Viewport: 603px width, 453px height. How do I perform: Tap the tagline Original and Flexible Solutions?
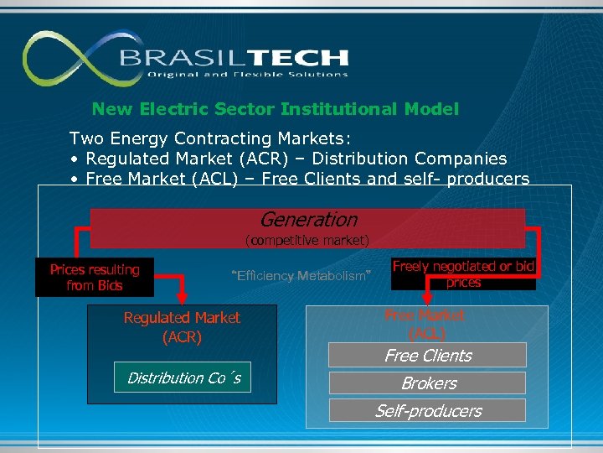pos(247,75)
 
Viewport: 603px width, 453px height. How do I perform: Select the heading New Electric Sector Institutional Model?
pos(276,109)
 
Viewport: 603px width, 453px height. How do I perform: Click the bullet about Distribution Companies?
pos(289,159)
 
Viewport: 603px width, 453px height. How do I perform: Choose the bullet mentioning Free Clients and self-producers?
pos(300,179)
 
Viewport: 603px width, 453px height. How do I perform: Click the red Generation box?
pos(308,221)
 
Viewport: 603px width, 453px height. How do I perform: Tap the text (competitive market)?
pos(307,241)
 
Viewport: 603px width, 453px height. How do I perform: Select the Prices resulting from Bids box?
pos(95,278)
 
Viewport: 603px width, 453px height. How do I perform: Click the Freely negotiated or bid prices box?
pos(463,274)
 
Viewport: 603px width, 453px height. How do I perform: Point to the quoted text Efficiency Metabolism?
pos(300,276)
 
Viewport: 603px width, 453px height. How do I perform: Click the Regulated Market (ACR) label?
pos(182,327)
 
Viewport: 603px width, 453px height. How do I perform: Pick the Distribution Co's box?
pos(184,378)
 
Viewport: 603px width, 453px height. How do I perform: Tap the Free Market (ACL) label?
pos(425,324)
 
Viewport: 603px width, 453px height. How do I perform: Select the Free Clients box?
pos(427,356)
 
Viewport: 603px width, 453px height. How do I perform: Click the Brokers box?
pos(427,383)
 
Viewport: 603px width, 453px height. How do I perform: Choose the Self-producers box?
pos(427,411)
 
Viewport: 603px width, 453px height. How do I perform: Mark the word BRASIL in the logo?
pos(173,58)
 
